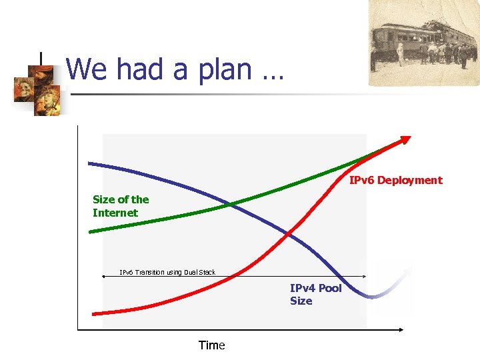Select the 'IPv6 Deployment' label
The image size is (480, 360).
pos(395,180)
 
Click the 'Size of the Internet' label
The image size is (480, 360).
pos(120,206)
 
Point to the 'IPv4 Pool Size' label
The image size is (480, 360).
pos(315,294)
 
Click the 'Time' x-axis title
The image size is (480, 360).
pos(211,345)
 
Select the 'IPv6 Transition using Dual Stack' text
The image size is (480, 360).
pos(167,272)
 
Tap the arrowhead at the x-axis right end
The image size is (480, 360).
pos(401,329)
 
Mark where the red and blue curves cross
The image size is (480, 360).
pos(288,233)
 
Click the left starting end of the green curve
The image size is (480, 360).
pos(91,231)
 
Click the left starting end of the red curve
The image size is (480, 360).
pos(94,313)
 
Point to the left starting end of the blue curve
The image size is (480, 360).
pos(90,163)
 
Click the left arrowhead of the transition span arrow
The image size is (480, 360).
pos(104,275)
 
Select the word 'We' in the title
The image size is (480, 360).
pos(85,69)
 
